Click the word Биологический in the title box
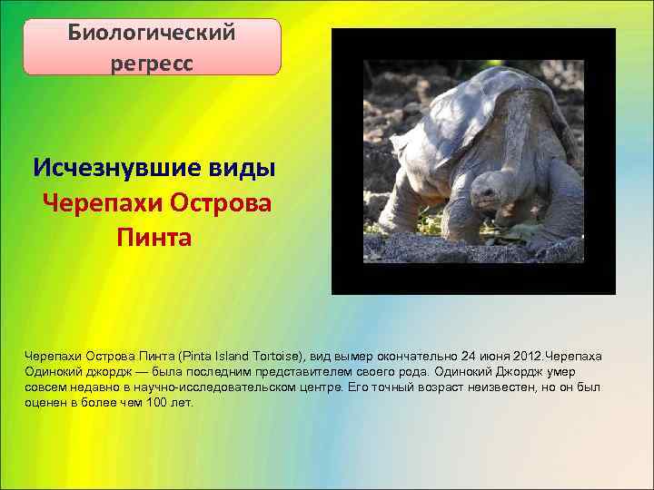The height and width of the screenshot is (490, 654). [x=152, y=33]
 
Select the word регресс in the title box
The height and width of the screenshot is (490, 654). [x=152, y=64]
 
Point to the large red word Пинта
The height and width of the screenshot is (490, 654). [x=154, y=239]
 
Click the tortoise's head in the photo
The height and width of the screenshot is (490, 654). [x=487, y=195]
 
